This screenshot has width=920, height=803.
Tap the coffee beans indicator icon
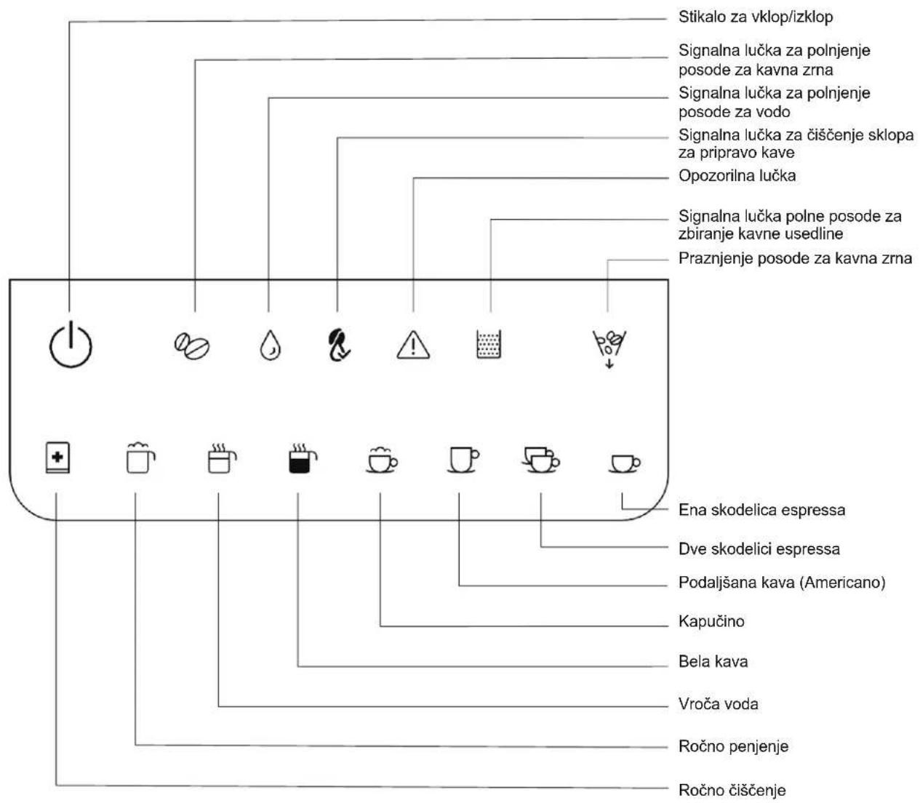point(192,346)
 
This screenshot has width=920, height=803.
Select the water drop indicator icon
point(271,345)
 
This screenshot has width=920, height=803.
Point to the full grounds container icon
point(489,344)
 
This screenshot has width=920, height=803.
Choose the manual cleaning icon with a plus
point(58,458)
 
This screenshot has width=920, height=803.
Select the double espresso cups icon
point(541,460)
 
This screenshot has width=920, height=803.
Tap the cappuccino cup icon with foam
point(381,460)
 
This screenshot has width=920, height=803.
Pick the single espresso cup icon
point(624,463)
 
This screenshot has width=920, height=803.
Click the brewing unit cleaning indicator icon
point(339,345)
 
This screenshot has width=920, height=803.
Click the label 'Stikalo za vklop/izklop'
point(756,17)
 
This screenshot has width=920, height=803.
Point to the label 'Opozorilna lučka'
point(737,175)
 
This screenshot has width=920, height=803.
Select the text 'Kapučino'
point(711,621)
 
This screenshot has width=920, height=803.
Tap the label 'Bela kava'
point(713,661)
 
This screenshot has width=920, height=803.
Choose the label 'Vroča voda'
point(718,703)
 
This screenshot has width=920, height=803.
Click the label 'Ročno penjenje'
point(733,746)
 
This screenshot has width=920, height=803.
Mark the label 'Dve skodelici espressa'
point(759,549)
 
